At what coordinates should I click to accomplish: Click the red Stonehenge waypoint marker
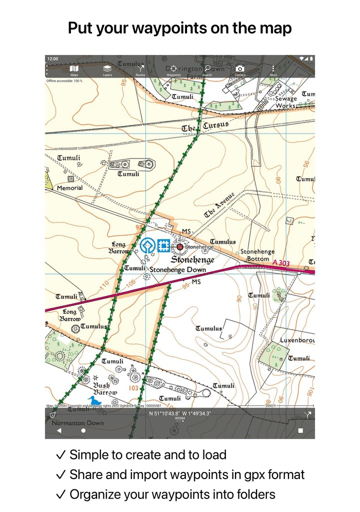coord(179,246)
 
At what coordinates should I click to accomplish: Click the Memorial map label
coord(69,188)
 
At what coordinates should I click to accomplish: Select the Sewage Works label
coord(286,102)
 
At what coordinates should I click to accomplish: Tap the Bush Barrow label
coord(105,389)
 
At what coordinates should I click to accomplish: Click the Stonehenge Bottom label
coord(258,255)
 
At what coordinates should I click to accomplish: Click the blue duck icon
coord(94,400)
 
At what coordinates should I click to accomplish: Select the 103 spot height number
coord(133,388)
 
